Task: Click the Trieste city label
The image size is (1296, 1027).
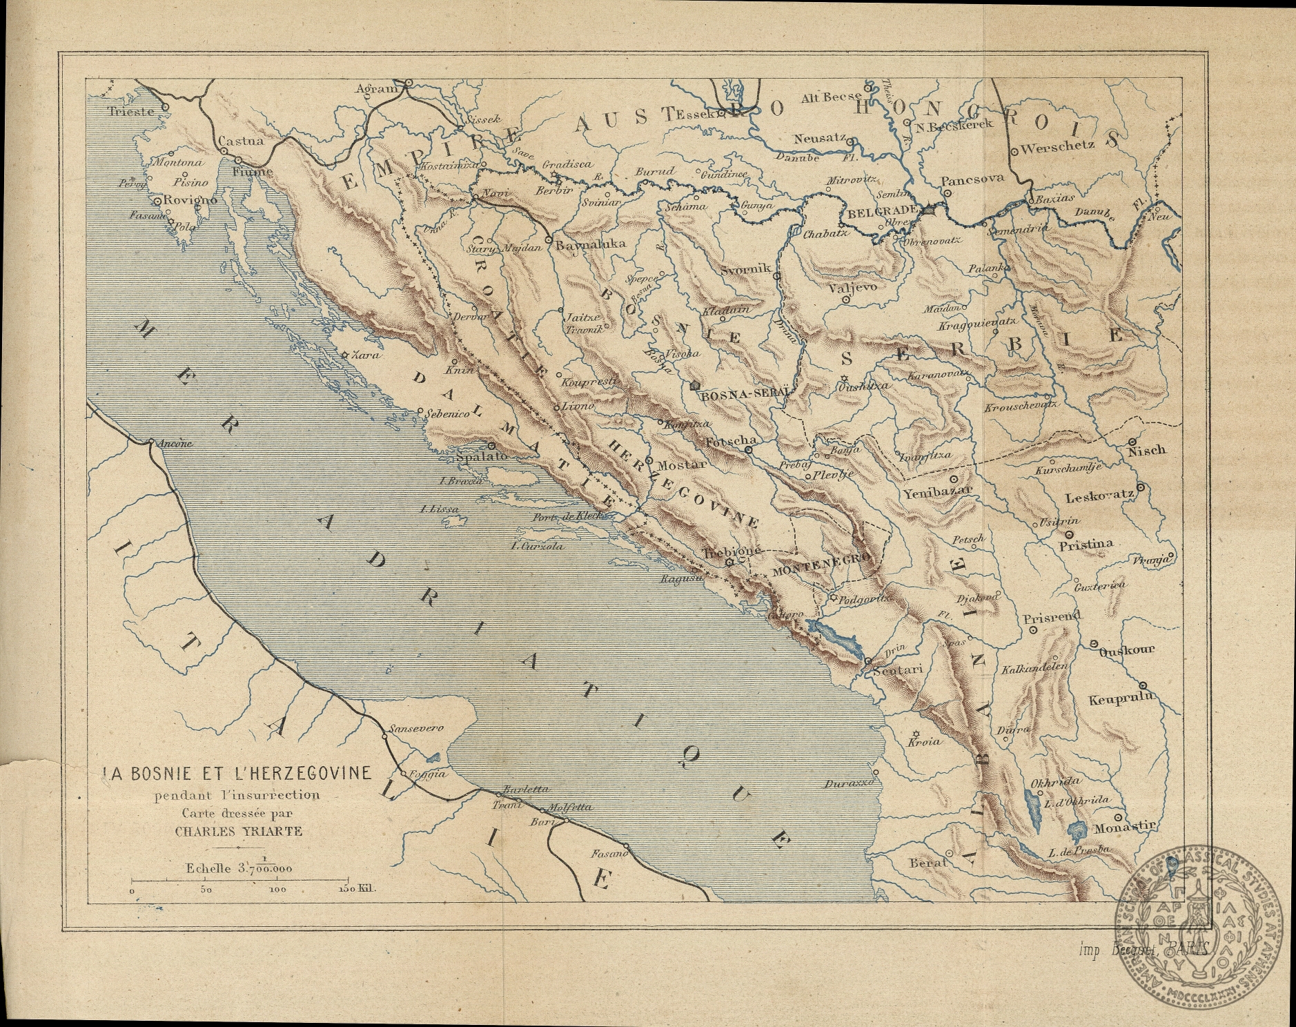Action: [x=130, y=111]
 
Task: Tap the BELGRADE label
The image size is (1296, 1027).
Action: [x=882, y=213]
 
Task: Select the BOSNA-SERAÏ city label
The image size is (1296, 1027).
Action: [x=743, y=396]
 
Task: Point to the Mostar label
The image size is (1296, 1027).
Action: [x=681, y=464]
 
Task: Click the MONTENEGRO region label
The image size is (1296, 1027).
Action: [x=817, y=565]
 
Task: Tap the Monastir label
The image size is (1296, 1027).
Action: [x=1124, y=826]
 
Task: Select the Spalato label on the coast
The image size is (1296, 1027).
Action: [x=482, y=456]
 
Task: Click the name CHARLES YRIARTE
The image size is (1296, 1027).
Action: [x=238, y=831]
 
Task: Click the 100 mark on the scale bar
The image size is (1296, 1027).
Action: [x=277, y=890]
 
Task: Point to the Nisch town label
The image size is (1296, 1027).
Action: [x=1146, y=450]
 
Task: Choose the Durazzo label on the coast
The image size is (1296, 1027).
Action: [x=850, y=784]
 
